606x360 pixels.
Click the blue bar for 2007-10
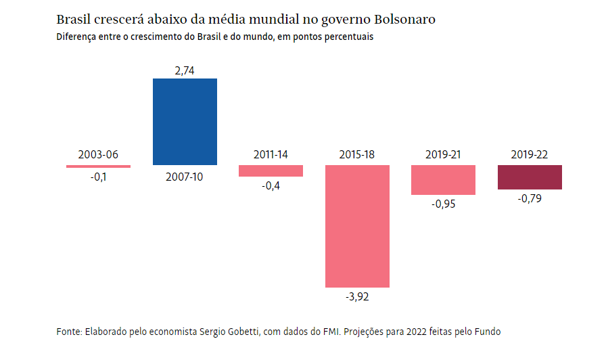tap(185, 122)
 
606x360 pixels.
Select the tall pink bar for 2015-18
tap(357, 226)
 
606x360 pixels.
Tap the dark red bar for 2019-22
tap(530, 177)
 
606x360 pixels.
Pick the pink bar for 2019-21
tap(443, 180)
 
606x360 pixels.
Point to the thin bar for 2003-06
tap(98, 166)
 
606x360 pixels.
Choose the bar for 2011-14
tap(271, 171)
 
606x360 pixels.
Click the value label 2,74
tap(185, 70)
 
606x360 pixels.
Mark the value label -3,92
tap(357, 296)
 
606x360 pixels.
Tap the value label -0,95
tap(443, 204)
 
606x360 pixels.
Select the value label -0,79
tap(530, 199)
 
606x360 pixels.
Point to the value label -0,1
tap(99, 178)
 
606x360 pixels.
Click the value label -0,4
tap(271, 186)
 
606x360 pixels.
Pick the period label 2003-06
tap(98, 154)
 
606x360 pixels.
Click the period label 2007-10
tap(185, 177)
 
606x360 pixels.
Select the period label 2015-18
tap(357, 154)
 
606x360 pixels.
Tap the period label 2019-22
tap(530, 154)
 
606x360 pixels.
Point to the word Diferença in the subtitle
tap(76, 37)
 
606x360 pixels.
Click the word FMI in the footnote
tap(333, 332)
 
